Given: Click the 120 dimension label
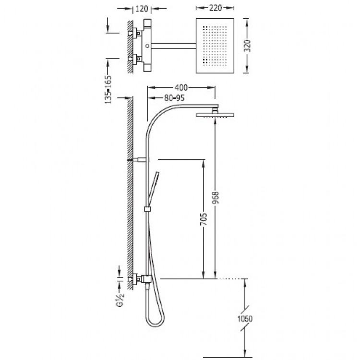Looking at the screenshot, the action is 142,9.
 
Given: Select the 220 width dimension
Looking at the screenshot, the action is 216,8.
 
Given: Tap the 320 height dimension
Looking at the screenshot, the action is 248,46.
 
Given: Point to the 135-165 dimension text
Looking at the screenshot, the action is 108,90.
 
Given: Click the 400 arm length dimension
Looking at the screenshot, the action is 181,87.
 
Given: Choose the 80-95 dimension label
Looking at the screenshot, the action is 174,98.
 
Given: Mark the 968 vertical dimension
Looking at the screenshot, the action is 216,197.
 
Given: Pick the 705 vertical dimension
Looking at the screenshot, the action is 204,219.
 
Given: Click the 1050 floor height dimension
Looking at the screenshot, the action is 245,319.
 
